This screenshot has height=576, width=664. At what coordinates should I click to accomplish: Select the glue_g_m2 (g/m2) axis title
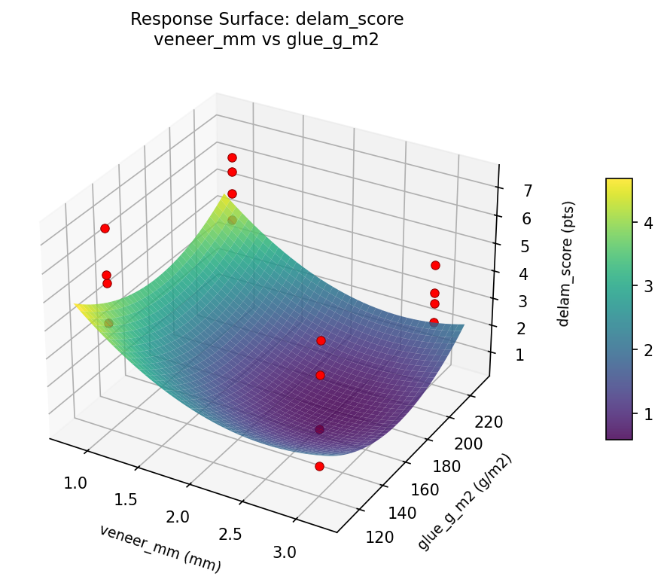click(464, 501)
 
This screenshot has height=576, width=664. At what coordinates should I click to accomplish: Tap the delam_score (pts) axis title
click(569, 264)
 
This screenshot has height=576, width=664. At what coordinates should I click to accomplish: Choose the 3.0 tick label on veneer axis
click(285, 552)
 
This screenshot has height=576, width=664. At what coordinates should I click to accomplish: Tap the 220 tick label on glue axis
click(487, 423)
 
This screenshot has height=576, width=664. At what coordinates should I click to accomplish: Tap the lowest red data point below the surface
click(319, 466)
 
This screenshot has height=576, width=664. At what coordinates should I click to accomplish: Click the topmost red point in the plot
click(232, 157)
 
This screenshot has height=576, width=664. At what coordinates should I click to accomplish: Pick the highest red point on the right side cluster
click(435, 265)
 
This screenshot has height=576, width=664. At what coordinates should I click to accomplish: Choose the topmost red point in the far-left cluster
click(105, 228)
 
